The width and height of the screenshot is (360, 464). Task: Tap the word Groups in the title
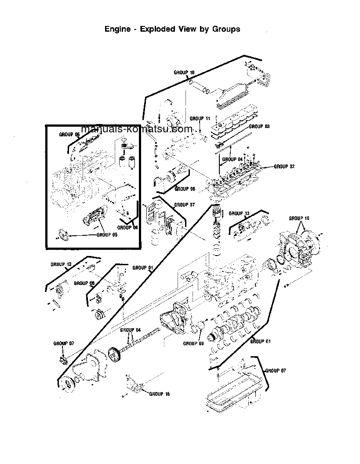[x=226, y=29]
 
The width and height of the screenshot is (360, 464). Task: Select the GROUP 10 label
[x=184, y=72]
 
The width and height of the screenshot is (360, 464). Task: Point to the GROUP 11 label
[x=200, y=118]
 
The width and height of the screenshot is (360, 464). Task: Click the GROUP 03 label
[x=259, y=126]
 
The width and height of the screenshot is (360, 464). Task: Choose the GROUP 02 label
[x=284, y=167]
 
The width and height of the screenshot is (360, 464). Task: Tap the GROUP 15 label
[x=299, y=218]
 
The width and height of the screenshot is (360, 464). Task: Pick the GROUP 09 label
[x=193, y=343]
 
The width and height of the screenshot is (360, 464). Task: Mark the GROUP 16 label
[x=160, y=394]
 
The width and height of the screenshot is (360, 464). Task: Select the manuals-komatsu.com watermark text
[x=137, y=129]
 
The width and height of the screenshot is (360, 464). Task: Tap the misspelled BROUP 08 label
[x=84, y=283]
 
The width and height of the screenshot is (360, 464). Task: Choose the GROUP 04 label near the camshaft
[x=131, y=330]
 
